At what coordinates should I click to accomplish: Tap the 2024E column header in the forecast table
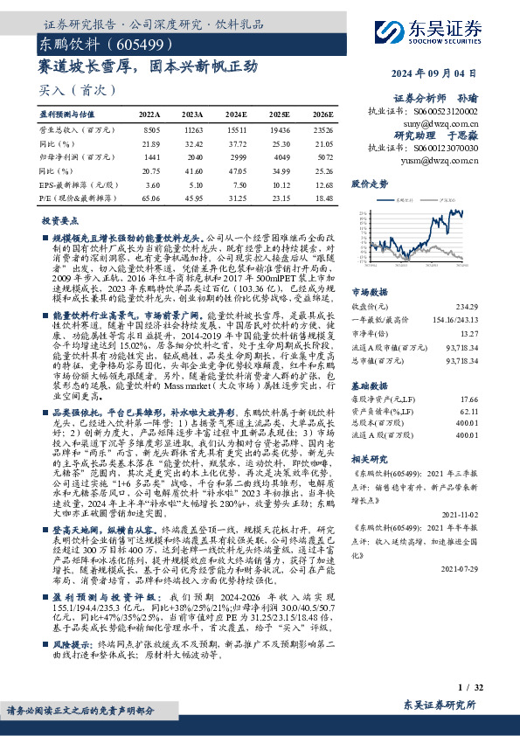click(x=236, y=115)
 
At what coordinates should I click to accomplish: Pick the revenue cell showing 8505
click(x=150, y=128)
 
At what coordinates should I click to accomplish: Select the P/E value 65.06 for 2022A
click(x=149, y=198)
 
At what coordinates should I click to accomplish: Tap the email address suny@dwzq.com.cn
click(x=447, y=124)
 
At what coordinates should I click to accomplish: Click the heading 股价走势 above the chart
click(x=369, y=184)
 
